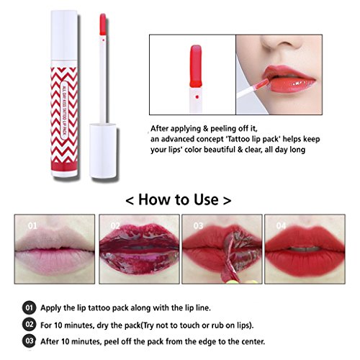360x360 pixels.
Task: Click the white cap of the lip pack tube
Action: tap(64, 35)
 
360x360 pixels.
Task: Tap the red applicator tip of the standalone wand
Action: tap(103, 24)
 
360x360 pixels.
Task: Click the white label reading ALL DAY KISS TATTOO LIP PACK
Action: tap(64, 110)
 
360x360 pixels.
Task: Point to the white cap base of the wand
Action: tap(103, 150)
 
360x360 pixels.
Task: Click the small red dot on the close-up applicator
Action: tap(197, 97)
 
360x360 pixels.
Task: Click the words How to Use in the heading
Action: tap(179, 199)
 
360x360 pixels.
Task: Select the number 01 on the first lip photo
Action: tap(32, 225)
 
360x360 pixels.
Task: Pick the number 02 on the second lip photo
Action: tap(115, 225)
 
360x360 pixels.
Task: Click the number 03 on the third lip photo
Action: tap(198, 225)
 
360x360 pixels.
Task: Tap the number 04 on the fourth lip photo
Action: tap(281, 225)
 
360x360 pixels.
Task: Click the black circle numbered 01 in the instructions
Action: tap(29, 307)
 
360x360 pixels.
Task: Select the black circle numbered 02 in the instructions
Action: tap(29, 325)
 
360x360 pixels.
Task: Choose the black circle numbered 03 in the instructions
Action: tap(29, 341)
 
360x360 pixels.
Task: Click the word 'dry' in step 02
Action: tap(103, 325)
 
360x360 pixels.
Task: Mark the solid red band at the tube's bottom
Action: tap(64, 166)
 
